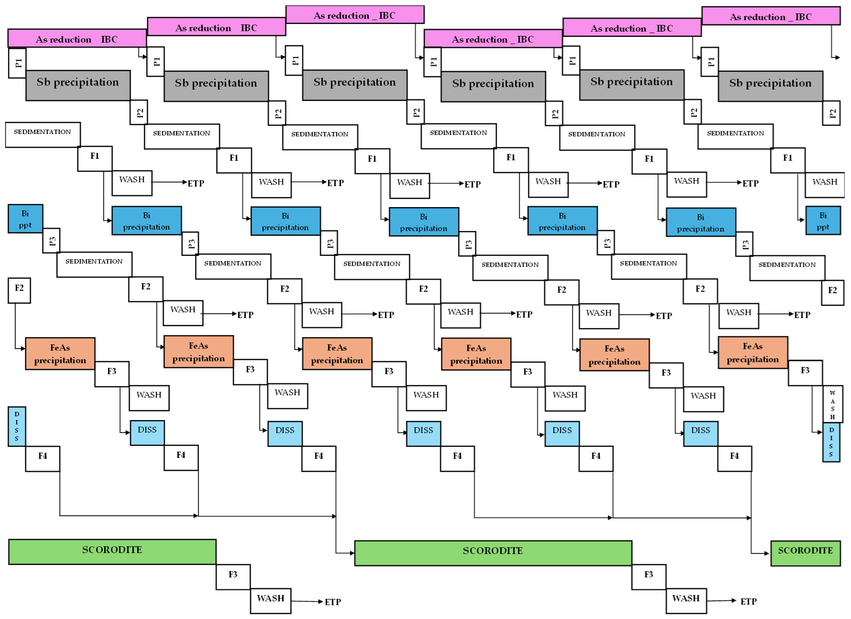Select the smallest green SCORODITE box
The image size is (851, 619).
pos(805,553)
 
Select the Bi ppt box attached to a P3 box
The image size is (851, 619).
pos(25,219)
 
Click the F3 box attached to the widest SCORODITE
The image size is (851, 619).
pos(649,577)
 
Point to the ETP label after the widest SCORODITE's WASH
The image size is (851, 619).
pos(749,602)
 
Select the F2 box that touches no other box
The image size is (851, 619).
pos(19,290)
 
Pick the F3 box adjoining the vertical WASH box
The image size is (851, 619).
pos(805,373)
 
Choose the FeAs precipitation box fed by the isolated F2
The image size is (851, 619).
pos(60,354)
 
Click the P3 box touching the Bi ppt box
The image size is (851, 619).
pos(51,241)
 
